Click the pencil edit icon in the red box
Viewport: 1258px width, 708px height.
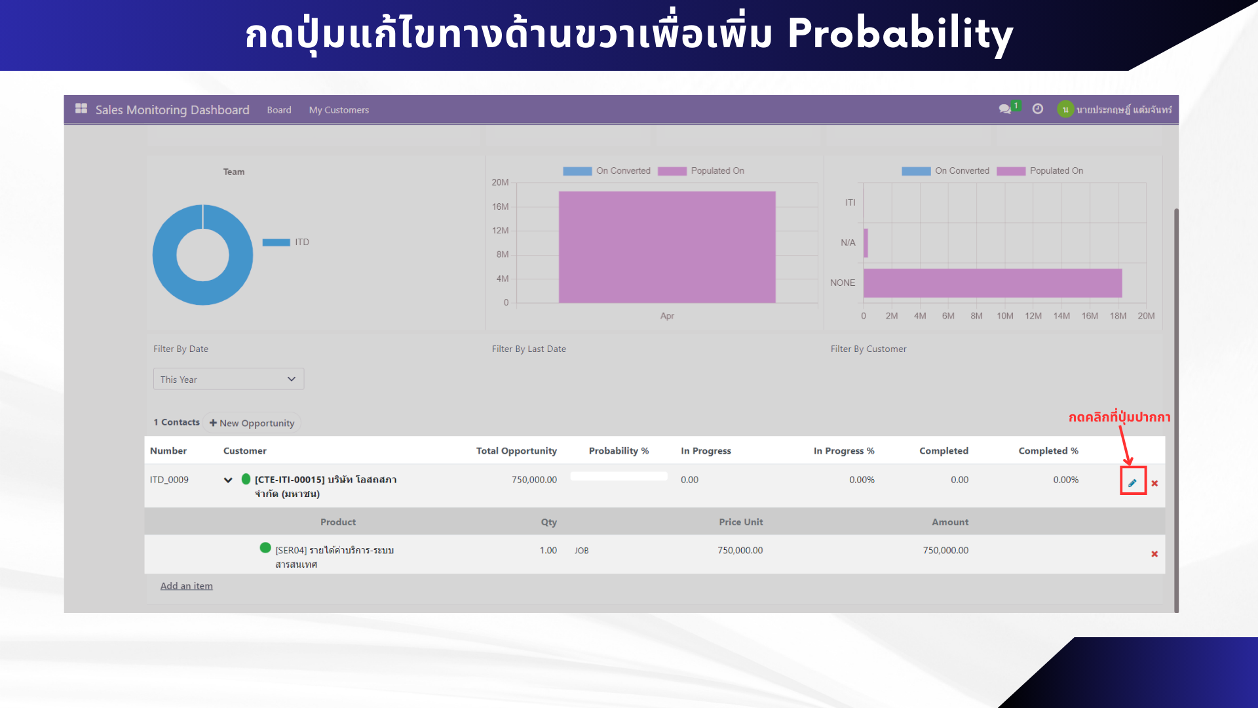(x=1132, y=483)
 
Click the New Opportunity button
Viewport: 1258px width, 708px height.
(x=252, y=423)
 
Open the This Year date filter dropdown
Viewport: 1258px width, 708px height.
(x=229, y=379)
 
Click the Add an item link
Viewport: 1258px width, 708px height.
(x=187, y=586)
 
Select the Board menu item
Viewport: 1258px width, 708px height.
(x=279, y=110)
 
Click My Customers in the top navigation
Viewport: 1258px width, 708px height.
(x=339, y=110)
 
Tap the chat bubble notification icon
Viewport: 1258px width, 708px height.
(x=1005, y=109)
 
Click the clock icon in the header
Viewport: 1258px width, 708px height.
(x=1038, y=109)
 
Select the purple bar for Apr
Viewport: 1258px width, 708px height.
(x=667, y=247)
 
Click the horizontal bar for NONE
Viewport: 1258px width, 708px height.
(x=993, y=283)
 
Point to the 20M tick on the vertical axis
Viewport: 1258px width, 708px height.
(x=500, y=182)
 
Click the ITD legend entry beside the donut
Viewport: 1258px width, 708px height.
(x=286, y=243)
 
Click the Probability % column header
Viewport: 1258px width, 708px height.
(x=619, y=451)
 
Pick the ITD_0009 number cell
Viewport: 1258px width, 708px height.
(x=169, y=480)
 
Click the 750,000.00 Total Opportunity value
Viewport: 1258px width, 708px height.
(x=534, y=480)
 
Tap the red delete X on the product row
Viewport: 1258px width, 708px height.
(x=1154, y=554)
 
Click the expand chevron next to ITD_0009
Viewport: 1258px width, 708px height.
(x=228, y=480)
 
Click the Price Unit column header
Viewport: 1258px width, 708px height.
(x=740, y=522)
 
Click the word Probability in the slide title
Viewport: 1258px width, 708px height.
(x=900, y=34)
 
